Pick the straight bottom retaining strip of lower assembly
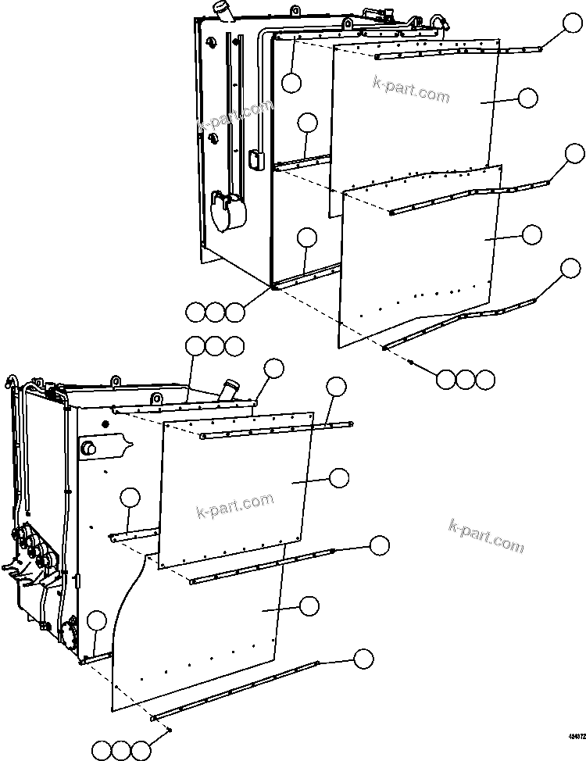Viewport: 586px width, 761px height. [234, 690]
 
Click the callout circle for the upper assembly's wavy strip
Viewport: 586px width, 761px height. [570, 270]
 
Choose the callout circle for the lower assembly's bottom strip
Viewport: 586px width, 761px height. [363, 659]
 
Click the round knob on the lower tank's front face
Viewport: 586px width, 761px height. [88, 448]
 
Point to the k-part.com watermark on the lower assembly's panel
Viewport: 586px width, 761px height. [234, 506]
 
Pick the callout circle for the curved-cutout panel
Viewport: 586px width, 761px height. [309, 606]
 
